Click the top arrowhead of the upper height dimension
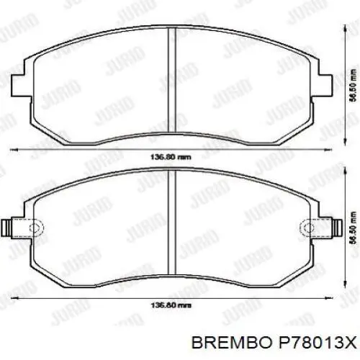pos(345,29)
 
